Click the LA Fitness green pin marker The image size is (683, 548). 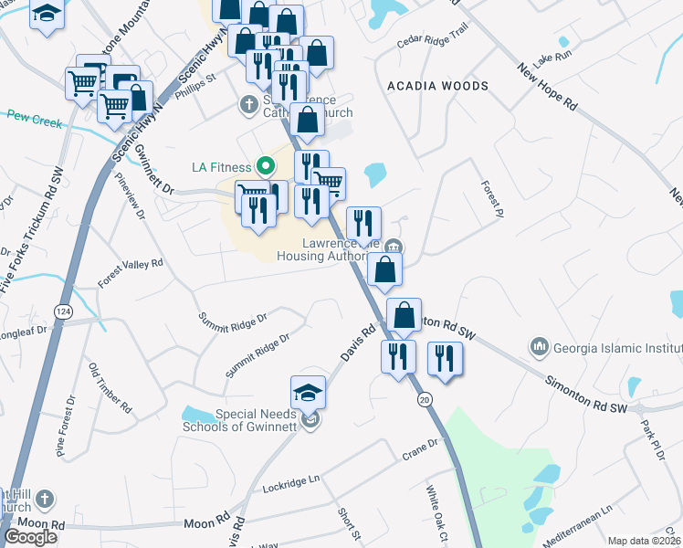point(266,166)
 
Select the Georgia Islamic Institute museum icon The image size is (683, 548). point(538,347)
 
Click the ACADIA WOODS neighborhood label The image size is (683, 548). point(437,86)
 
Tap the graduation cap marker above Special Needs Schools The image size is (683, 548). point(309,393)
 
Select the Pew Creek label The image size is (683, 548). point(33,116)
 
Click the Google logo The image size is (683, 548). point(31,536)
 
